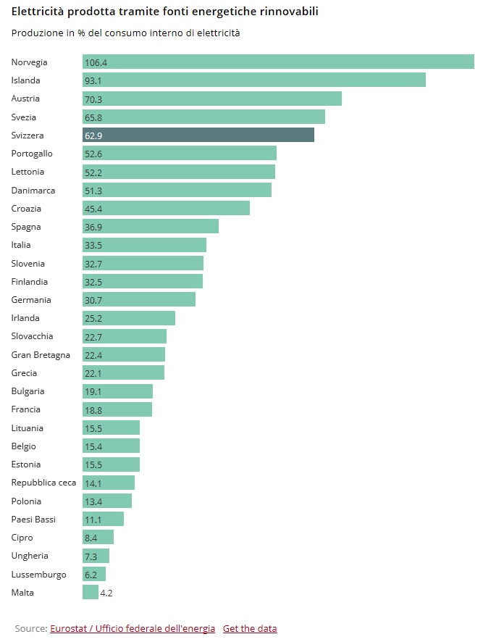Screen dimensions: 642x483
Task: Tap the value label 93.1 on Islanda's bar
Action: coord(93,80)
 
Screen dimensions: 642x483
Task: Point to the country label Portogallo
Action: coord(32,154)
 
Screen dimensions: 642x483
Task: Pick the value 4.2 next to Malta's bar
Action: coord(106,593)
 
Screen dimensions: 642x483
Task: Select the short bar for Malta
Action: coord(91,593)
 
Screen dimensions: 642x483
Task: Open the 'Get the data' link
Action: coord(250,628)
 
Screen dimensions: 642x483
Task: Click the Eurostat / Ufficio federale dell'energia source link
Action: coord(133,628)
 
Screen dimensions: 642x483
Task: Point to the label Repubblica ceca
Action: coord(43,483)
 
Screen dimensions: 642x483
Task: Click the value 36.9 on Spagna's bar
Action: coord(93,227)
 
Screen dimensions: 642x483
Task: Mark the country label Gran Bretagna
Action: coord(41,355)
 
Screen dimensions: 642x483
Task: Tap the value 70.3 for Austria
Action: coord(93,99)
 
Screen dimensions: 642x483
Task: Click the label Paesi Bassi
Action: coord(33,520)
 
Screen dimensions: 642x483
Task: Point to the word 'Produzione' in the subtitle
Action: coord(36,33)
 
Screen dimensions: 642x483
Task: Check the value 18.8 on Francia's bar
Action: coord(93,410)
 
